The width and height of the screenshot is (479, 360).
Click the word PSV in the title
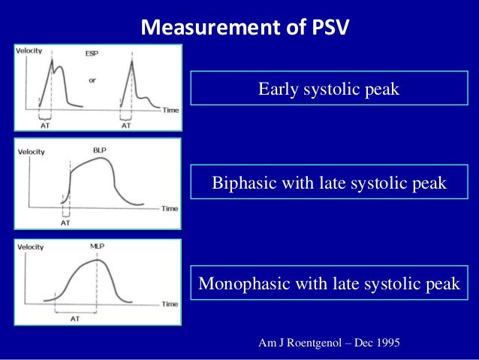(330, 30)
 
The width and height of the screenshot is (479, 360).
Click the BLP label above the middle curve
(100, 150)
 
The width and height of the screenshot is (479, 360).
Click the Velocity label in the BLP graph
(31, 151)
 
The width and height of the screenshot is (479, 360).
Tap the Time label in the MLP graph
(170, 304)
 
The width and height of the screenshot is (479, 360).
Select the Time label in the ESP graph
(171, 110)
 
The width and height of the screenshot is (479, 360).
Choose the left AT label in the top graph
(44, 126)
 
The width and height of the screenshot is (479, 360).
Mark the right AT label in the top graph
(126, 126)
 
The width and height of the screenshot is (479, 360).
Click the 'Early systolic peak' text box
(329, 89)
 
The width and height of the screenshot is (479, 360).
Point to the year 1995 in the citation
(385, 343)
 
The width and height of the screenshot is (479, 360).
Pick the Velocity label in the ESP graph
(30, 50)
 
